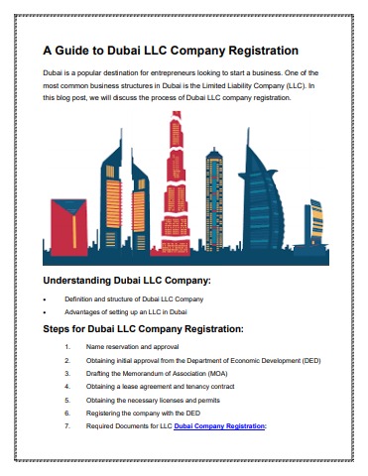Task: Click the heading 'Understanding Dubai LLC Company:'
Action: [x=126, y=281]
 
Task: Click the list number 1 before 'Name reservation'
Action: [x=66, y=347]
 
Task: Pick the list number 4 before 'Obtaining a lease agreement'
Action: [x=66, y=386]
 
